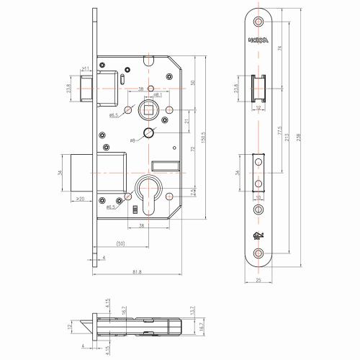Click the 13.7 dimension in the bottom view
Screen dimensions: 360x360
[x=204, y=311]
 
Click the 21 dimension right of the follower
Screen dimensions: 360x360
[x=187, y=122]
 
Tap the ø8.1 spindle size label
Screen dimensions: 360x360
[x=156, y=94]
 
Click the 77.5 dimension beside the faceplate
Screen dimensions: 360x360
[x=278, y=132]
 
